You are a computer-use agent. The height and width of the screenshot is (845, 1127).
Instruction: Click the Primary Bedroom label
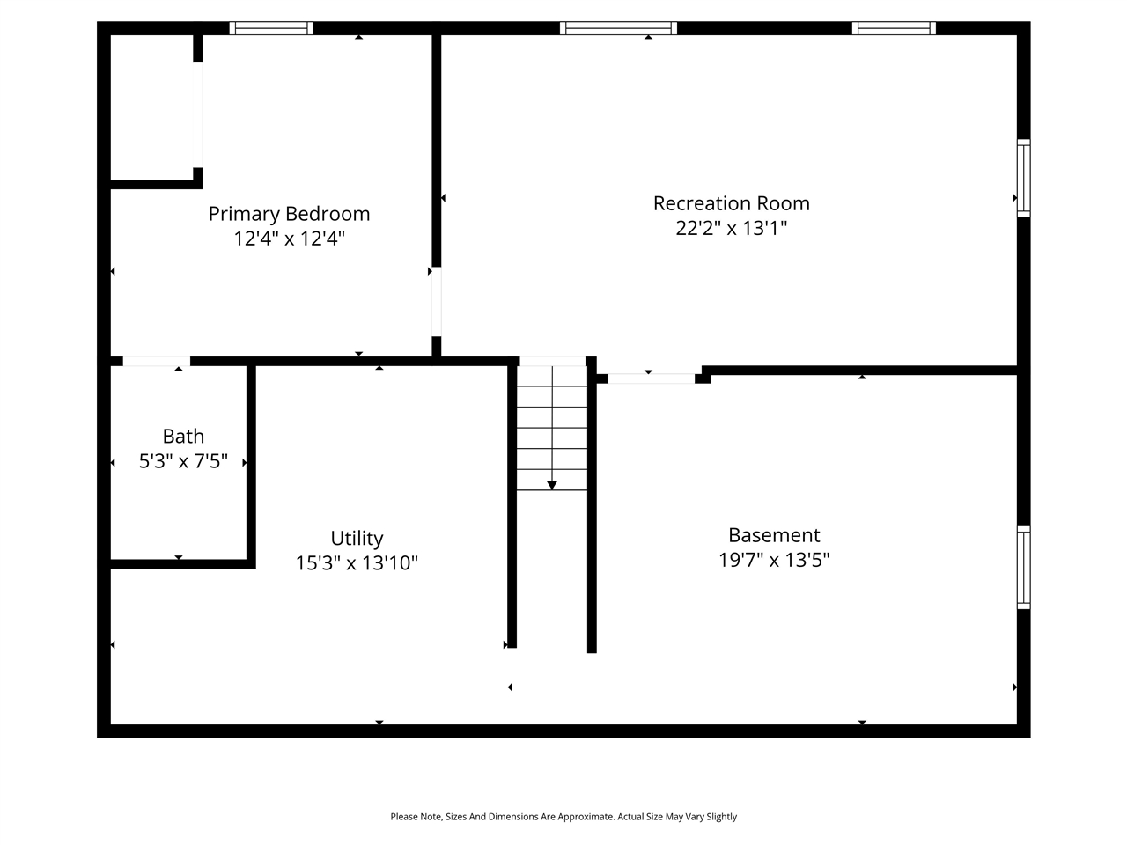point(289,214)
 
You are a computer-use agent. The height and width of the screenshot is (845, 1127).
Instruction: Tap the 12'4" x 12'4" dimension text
point(289,239)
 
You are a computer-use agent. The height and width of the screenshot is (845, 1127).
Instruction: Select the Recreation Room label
point(731,203)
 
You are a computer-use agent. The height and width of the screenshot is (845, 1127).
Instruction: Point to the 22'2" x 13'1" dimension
point(731,228)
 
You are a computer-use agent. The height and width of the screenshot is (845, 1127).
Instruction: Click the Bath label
point(183,437)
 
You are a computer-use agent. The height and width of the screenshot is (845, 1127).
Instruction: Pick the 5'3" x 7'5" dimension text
point(183,461)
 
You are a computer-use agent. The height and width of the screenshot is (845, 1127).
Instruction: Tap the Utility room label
point(357,539)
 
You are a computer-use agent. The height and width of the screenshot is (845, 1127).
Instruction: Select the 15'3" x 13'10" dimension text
point(357,563)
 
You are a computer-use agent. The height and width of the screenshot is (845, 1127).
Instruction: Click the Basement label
point(774,535)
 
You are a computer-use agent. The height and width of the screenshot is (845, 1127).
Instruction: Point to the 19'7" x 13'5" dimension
point(774,560)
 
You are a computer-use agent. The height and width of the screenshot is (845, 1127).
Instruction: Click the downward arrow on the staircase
point(552,484)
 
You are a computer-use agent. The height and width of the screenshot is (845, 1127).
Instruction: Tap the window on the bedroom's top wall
point(271,28)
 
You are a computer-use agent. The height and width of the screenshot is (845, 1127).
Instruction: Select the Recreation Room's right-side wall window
point(1023,178)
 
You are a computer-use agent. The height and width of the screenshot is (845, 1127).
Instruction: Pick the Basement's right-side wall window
point(1023,567)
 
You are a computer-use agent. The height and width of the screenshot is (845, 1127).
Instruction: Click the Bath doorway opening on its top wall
point(156,361)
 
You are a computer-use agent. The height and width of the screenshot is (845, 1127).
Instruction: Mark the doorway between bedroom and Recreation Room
point(436,301)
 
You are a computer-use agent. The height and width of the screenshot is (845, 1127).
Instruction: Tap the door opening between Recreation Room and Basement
point(652,378)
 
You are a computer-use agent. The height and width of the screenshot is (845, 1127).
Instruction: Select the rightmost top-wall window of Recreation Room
point(894,28)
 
